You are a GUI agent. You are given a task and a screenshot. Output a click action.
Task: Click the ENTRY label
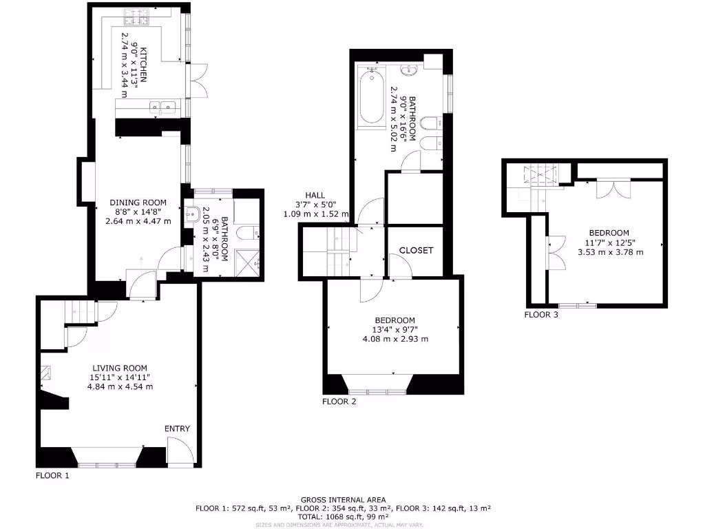click(177, 428)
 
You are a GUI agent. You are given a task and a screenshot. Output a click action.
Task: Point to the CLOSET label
click(417, 250)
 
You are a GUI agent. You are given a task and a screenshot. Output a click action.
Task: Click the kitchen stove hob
click(131, 14)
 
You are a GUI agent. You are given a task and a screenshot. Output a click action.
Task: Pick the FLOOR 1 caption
click(53, 475)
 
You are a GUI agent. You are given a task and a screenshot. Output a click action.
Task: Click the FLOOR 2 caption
click(339, 402)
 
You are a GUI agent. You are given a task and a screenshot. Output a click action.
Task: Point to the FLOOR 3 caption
click(541, 315)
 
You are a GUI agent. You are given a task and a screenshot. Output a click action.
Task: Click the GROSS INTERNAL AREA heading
click(343, 499)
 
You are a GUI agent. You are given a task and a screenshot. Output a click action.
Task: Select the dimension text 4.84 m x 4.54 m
click(120, 386)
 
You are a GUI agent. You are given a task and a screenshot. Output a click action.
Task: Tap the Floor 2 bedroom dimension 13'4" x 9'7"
click(395, 329)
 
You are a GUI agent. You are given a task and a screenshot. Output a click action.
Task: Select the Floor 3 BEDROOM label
click(609, 233)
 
